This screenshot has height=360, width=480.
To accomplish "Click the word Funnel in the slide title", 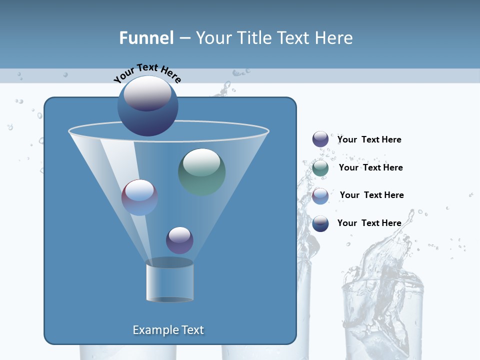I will click(146, 38).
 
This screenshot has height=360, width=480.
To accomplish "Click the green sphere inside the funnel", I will click(201, 171).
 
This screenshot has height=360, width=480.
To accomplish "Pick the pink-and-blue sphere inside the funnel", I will click(139, 197).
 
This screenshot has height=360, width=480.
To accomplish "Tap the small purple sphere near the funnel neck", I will click(179, 240).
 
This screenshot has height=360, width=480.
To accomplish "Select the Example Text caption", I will click(168, 330).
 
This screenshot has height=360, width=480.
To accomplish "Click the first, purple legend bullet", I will click(320, 139).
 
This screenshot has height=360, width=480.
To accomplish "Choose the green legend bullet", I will click(320, 168).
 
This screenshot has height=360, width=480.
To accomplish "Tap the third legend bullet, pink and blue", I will click(320, 195).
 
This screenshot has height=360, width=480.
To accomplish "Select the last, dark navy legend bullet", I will click(320, 223).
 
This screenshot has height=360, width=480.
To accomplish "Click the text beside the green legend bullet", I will click(370, 167).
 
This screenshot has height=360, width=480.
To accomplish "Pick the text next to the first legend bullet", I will click(369, 139).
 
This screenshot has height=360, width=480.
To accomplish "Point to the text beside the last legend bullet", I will click(369, 223).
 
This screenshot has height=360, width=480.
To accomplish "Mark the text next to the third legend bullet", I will click(371, 195).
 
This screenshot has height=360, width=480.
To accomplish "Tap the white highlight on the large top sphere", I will click(147, 92).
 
